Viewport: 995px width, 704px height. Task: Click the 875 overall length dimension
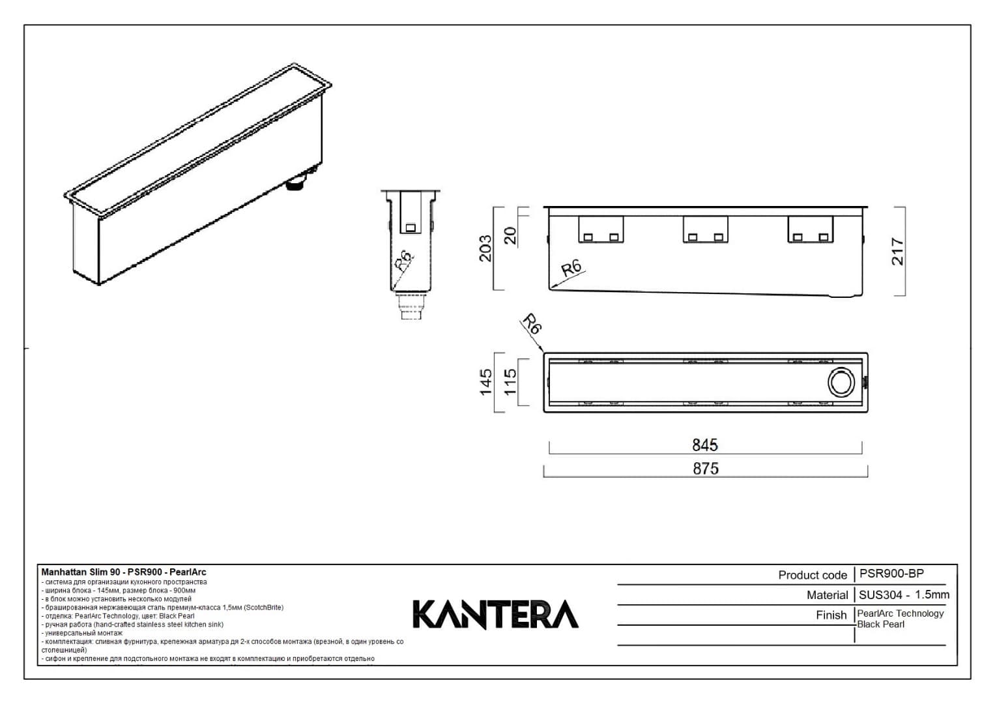coord(706,468)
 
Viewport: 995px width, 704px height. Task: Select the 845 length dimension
coord(704,445)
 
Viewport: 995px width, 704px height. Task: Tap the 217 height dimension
coord(897,251)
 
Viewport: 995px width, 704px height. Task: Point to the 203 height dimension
coord(486,248)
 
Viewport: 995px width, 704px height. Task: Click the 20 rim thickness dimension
coord(510,235)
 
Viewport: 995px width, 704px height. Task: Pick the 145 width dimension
coord(486,382)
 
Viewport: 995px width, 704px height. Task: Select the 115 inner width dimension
coord(510,382)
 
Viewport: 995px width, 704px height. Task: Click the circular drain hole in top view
coord(841,382)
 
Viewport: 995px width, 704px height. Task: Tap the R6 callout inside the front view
coord(571,269)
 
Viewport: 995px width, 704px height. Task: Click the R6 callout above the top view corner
coord(532,324)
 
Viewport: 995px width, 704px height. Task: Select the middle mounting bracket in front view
coord(705,229)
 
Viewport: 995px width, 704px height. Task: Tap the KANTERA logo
coord(495,614)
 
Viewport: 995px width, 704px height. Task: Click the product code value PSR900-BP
coord(891,574)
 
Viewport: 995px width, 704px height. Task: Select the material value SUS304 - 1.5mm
coord(904,594)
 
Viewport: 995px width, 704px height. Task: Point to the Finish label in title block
coord(831,615)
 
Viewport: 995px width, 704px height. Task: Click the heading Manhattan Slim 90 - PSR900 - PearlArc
coord(124,572)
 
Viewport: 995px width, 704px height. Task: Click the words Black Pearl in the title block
coord(880,624)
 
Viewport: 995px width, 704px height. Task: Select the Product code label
coord(812,575)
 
